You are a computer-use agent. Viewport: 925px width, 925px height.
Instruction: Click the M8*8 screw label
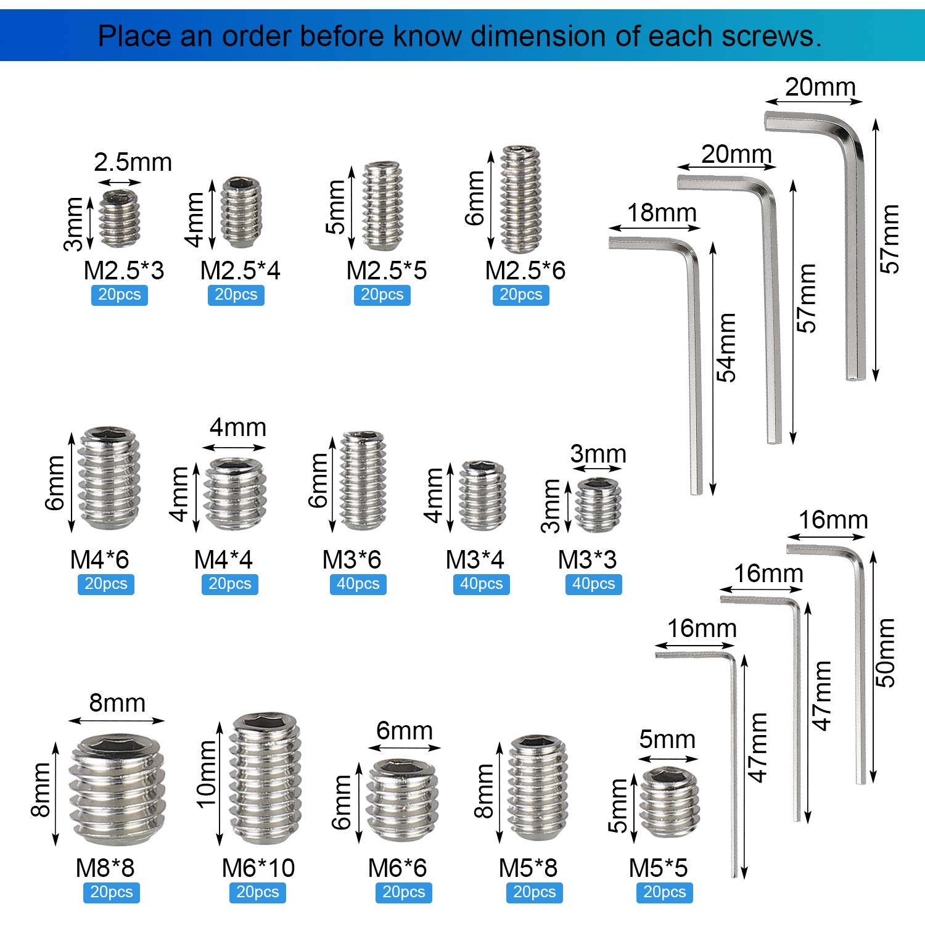point(105,868)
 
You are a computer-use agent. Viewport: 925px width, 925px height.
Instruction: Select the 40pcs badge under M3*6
point(358,584)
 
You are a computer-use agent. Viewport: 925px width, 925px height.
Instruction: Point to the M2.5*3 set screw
point(119,218)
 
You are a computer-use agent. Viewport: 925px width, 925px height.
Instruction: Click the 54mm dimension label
point(726,348)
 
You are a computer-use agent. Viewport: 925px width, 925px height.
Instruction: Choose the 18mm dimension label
point(662,213)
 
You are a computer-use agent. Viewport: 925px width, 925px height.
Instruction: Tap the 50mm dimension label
point(885,653)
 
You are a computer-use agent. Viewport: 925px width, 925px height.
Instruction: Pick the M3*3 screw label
point(587,559)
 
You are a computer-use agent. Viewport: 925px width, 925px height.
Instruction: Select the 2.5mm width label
point(133,162)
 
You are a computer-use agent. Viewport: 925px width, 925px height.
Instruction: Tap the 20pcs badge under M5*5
point(665,892)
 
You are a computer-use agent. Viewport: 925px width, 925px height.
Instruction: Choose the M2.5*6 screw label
point(525,270)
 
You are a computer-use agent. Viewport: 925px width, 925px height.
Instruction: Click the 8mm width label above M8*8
point(117,703)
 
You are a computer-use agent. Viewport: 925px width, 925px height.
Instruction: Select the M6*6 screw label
point(397,868)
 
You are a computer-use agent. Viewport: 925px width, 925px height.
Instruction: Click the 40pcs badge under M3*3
point(593,584)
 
